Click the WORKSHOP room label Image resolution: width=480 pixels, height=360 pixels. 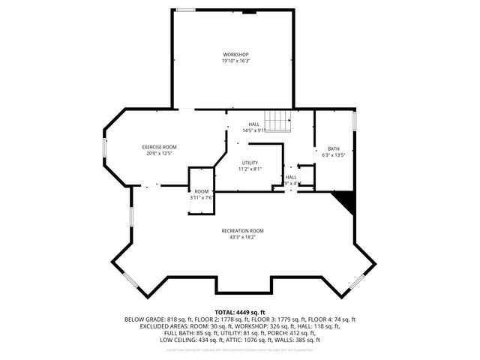[x=235, y=55]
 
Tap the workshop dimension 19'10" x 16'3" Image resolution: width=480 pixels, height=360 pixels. [x=235, y=61]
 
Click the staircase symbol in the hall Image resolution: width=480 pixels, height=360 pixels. [x=280, y=121]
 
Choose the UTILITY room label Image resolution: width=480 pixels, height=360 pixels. [x=250, y=163]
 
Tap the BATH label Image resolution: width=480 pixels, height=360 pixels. [x=333, y=148]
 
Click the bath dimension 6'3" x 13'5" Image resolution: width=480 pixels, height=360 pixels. [x=333, y=155]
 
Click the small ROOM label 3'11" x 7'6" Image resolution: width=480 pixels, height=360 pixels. [x=201, y=192]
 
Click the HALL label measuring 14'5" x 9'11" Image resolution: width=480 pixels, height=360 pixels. [x=254, y=124]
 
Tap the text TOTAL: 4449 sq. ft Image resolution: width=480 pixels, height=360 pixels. [x=239, y=311]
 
